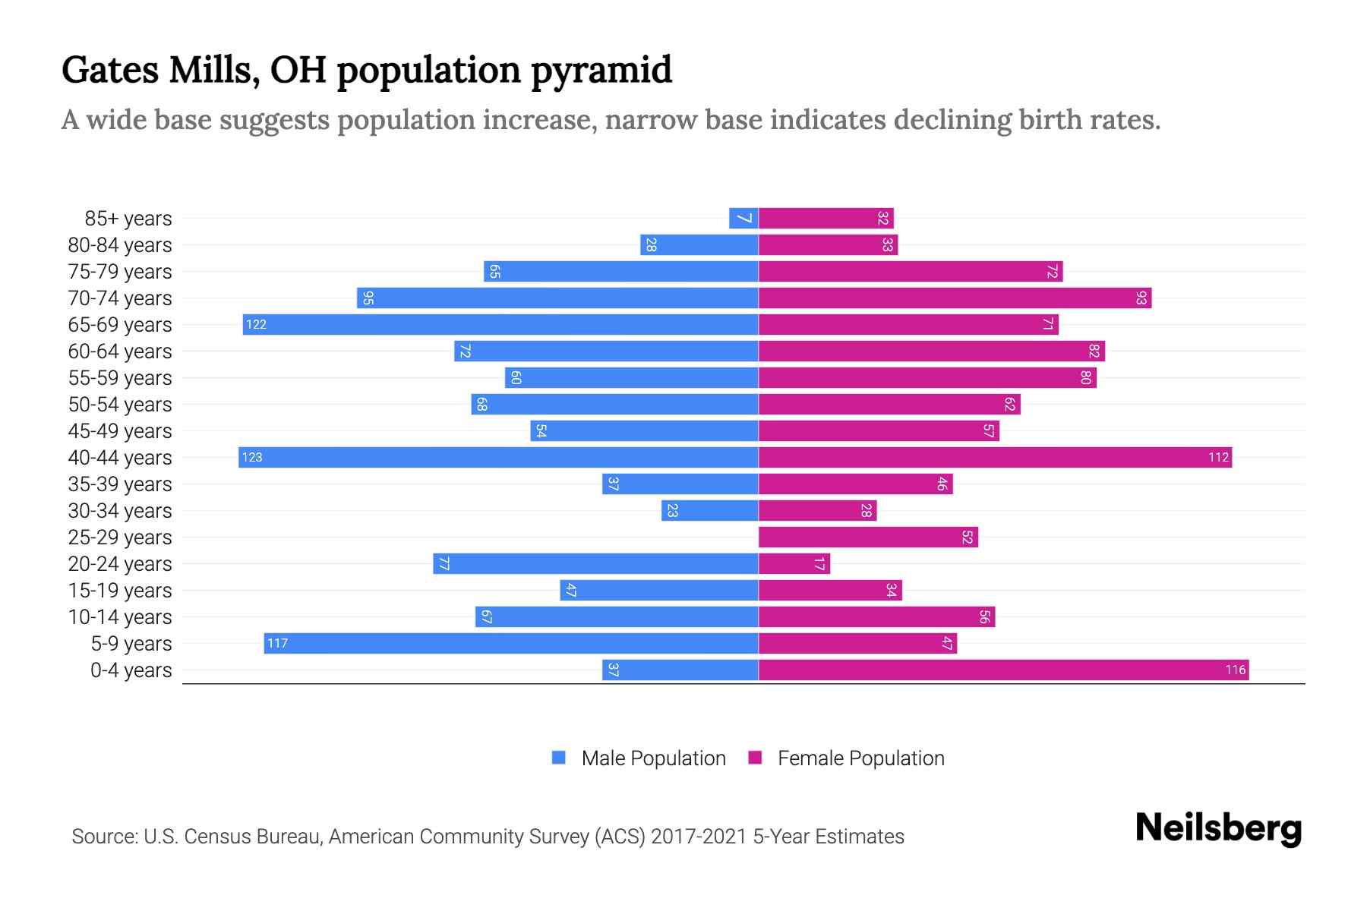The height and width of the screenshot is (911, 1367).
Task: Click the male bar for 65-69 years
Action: [x=501, y=325]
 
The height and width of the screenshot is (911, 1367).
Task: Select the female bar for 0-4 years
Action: [x=1002, y=670]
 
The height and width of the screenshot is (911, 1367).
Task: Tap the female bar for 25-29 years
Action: [x=868, y=537]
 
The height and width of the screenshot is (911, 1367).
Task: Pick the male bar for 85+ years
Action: [x=743, y=219]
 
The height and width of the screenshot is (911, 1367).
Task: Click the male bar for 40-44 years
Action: [x=499, y=458]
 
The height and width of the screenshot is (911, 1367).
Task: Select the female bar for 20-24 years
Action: [x=794, y=564]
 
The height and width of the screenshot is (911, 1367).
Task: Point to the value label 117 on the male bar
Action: [x=277, y=644]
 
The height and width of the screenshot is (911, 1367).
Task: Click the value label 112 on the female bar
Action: [x=1218, y=458]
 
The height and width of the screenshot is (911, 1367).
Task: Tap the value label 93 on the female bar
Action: [x=1141, y=298]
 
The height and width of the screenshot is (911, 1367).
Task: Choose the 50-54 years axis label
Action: [x=120, y=405]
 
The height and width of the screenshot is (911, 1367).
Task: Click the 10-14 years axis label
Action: [x=120, y=617]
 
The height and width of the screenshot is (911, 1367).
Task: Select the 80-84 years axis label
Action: [x=120, y=245]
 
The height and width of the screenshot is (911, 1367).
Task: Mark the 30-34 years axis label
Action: [x=120, y=511]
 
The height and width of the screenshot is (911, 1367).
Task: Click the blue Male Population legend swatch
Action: [x=559, y=758]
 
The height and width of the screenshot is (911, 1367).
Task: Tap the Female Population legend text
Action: [x=860, y=758]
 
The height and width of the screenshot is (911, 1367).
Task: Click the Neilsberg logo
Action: [x=1218, y=828]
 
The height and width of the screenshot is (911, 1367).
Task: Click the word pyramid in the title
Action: [x=601, y=71]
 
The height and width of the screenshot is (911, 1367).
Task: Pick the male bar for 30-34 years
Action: [x=710, y=511]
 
